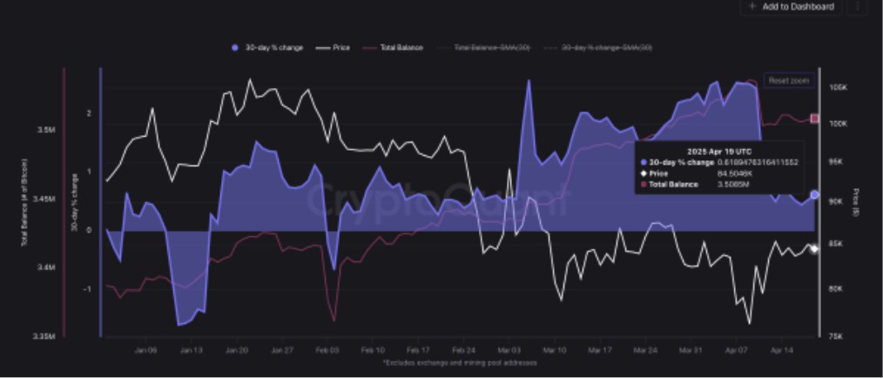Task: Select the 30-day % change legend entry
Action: [267, 47]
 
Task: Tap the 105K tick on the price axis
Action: [839, 89]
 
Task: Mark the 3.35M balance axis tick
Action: [44, 335]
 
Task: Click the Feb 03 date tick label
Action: [327, 350]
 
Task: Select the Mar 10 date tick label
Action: [554, 350]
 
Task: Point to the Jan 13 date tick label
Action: [191, 350]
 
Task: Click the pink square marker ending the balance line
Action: [815, 118]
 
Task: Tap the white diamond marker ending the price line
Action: [814, 249]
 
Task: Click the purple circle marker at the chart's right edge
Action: [814, 195]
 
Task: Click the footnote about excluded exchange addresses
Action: [460, 362]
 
